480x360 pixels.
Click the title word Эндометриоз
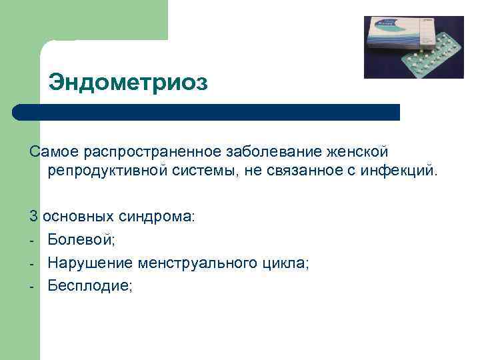[x=128, y=83]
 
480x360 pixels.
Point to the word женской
[x=360, y=153]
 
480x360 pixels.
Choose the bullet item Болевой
[x=75, y=239]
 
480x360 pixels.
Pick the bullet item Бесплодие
[x=91, y=286]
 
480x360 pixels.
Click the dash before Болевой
[x=32, y=240]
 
